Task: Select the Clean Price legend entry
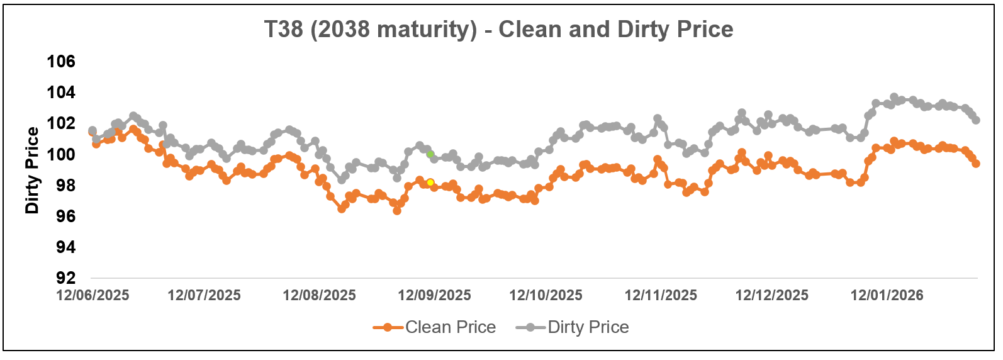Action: click(x=450, y=327)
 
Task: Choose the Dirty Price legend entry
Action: click(x=588, y=327)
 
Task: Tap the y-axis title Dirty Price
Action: click(x=32, y=171)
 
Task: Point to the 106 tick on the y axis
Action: click(x=61, y=62)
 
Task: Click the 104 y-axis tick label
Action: click(x=61, y=93)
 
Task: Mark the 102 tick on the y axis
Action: click(x=61, y=123)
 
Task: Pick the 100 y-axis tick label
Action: click(x=61, y=154)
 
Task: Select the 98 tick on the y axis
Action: click(x=65, y=185)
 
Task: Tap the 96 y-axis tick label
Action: click(x=65, y=216)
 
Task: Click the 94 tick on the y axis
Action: click(x=65, y=247)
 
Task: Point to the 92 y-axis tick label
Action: click(x=65, y=278)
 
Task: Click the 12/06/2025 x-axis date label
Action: click(x=92, y=295)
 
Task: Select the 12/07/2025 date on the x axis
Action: click(x=204, y=295)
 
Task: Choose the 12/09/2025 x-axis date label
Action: click(x=434, y=295)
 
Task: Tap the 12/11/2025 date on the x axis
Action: click(x=661, y=295)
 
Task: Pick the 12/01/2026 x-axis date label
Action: click(x=887, y=295)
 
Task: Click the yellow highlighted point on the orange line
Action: click(x=430, y=183)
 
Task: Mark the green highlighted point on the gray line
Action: click(x=430, y=154)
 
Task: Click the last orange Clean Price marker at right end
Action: click(x=976, y=164)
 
